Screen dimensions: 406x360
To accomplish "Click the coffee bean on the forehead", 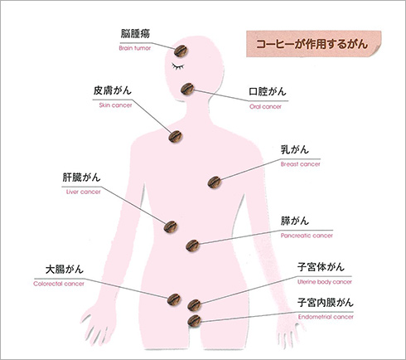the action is point(181,51).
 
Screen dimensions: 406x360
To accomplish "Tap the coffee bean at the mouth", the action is point(187,89).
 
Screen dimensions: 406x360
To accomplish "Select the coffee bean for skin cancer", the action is point(176,137).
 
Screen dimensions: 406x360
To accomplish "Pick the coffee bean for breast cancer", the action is point(215,182).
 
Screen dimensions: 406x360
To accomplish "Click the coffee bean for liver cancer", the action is point(171,226).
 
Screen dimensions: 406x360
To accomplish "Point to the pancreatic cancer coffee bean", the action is point(193,246).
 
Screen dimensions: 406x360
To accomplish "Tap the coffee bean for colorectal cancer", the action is point(174,299).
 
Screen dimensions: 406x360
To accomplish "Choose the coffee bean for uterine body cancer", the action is point(195,305).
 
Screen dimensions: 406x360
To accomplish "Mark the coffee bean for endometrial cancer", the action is point(195,321).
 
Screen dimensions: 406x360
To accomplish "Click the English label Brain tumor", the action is point(135,48).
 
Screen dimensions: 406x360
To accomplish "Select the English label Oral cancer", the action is point(265,107).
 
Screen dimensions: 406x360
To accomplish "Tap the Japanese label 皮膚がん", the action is point(112,90).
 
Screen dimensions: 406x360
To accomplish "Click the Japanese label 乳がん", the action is point(295,149).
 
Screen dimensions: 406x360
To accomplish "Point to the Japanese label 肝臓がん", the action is point(81,178).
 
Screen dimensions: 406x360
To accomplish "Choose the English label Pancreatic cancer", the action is point(307,236).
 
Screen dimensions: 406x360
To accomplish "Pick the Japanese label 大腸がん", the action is point(65,270).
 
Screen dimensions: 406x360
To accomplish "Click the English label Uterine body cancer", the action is point(325,282).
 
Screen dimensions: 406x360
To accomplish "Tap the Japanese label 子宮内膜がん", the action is point(326,302).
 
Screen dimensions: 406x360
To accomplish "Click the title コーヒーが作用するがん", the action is point(312,44).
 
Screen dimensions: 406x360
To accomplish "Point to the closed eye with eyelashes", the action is point(178,66).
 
